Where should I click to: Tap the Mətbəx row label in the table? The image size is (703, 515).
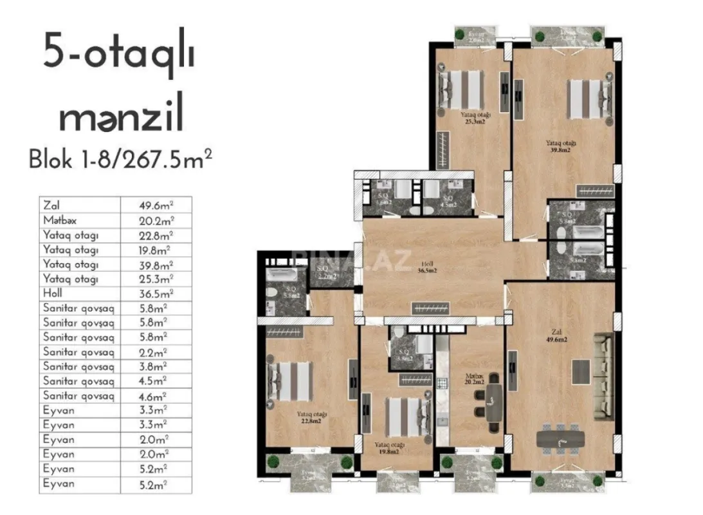click(60, 220)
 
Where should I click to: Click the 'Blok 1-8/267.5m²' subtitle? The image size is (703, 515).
click(120, 158)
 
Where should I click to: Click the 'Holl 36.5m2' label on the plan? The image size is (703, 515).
click(428, 267)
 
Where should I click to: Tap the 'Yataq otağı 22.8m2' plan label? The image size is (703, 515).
click(312, 418)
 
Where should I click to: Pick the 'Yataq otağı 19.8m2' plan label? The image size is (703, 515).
click(390, 448)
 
